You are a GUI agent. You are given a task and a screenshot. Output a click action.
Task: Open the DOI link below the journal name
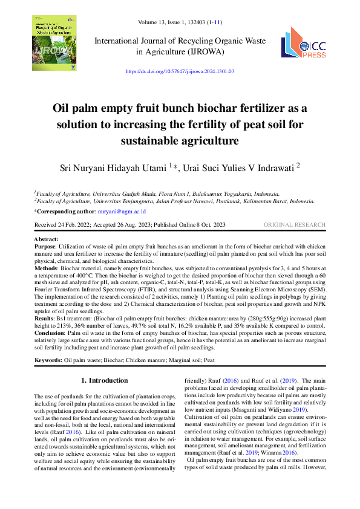point(180,71)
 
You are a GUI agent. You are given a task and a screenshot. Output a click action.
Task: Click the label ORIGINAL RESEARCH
point(295,225)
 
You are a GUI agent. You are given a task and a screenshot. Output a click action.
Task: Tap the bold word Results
point(44,317)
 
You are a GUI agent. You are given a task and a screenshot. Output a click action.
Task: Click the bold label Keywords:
point(48,360)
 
